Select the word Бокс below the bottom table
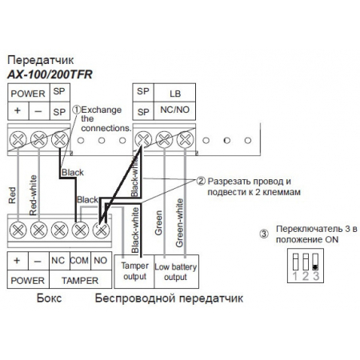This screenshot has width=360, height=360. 50,298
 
